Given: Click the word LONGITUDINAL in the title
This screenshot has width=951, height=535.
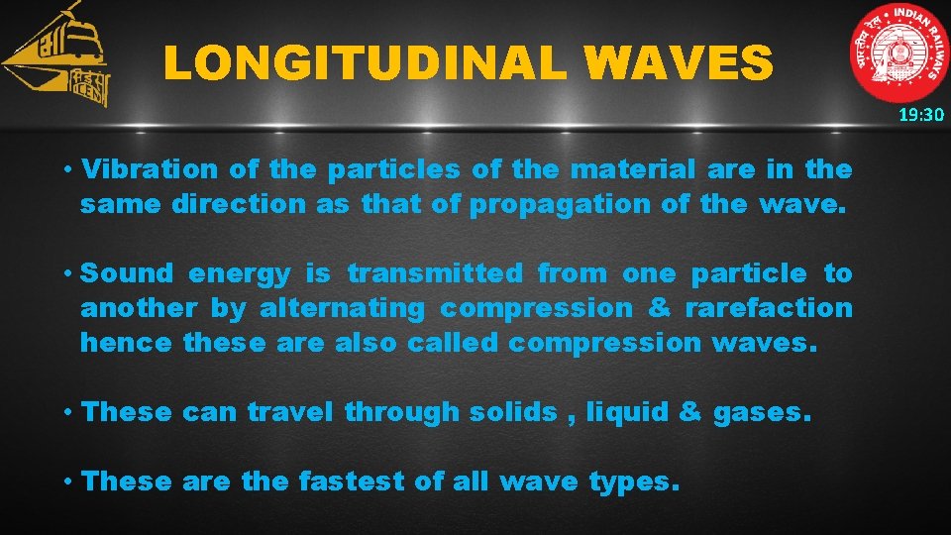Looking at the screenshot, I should click(x=364, y=64).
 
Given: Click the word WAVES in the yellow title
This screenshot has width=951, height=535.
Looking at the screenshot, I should click(x=679, y=64).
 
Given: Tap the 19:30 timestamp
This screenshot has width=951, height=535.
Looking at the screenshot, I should click(x=921, y=115).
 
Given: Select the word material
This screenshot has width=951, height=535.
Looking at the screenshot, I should click(x=633, y=169).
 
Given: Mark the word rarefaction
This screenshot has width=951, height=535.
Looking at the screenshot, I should click(x=768, y=309).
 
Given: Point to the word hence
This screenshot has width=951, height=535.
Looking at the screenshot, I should click(x=127, y=343).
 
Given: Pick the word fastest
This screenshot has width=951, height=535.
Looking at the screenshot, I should click(x=352, y=482).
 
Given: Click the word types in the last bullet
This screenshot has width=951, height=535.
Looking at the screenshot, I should click(x=634, y=483).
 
